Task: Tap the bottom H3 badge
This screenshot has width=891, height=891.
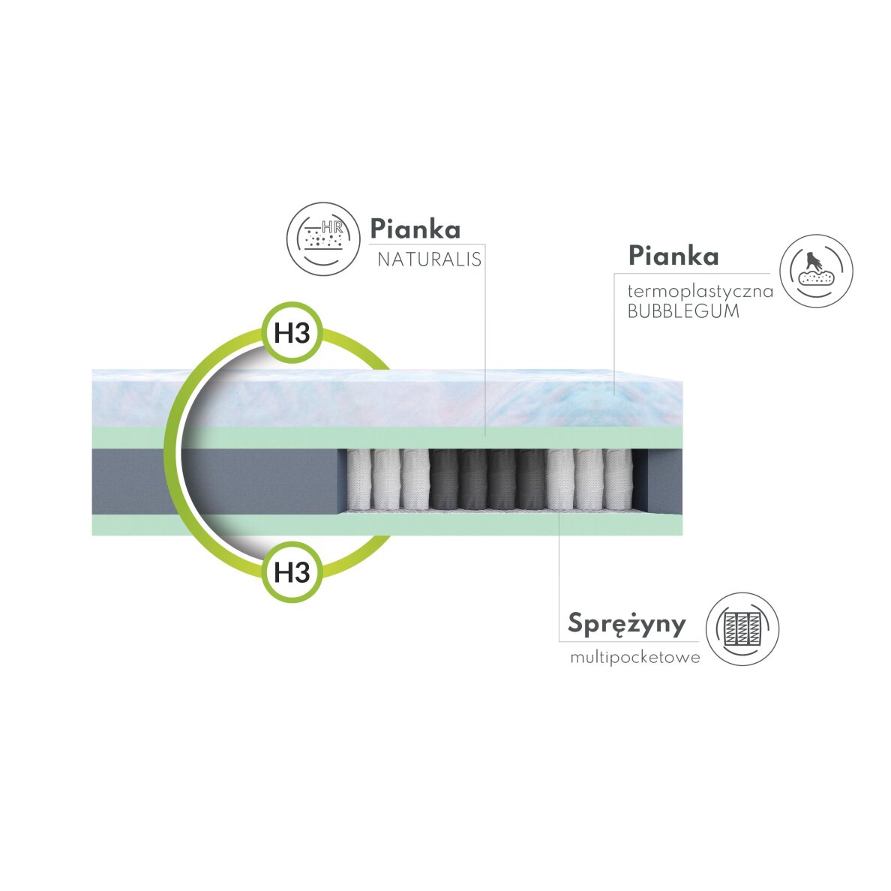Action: (x=292, y=572)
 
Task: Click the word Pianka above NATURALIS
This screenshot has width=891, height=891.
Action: (x=415, y=228)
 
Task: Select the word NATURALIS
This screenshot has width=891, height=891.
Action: (x=428, y=260)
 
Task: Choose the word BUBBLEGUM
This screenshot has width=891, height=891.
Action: (x=682, y=311)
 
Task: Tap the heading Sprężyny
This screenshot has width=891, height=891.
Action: (x=627, y=623)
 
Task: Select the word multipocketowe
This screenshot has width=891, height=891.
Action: (x=634, y=658)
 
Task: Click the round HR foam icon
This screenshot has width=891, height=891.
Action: (x=322, y=238)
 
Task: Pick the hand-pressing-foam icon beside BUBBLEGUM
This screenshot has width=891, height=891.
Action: (x=816, y=271)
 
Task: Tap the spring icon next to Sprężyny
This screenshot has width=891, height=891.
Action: (x=742, y=628)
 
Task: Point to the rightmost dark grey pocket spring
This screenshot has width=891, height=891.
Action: (x=532, y=478)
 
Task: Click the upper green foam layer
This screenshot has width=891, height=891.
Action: (x=420, y=437)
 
